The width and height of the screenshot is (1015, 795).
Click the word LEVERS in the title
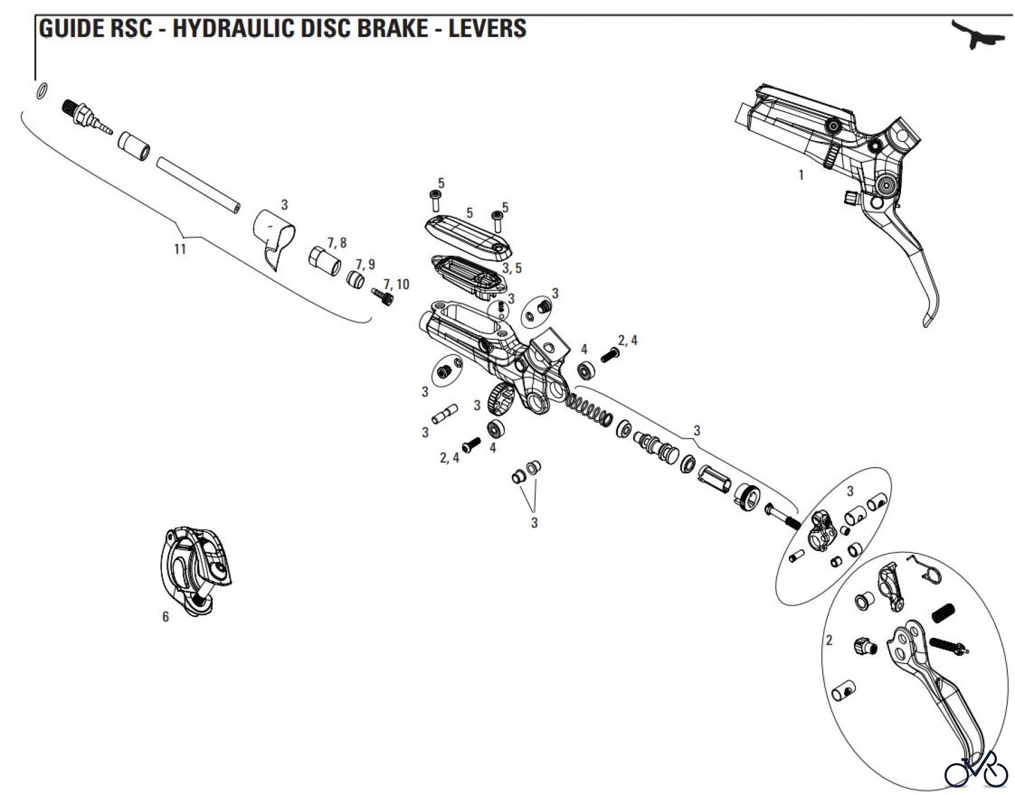487,28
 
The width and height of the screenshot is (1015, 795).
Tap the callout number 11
180,248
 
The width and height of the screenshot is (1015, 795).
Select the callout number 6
165,617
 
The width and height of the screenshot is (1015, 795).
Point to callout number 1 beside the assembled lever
801,175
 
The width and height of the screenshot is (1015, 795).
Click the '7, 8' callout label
337,243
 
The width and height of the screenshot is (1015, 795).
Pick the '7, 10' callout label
396,284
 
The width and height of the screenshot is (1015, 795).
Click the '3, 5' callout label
512,268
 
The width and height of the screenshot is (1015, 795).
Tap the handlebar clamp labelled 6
195,569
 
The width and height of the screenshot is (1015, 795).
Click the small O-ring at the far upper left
42,91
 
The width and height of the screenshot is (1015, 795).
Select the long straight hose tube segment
197,184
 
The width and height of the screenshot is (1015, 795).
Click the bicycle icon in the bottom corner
976,770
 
